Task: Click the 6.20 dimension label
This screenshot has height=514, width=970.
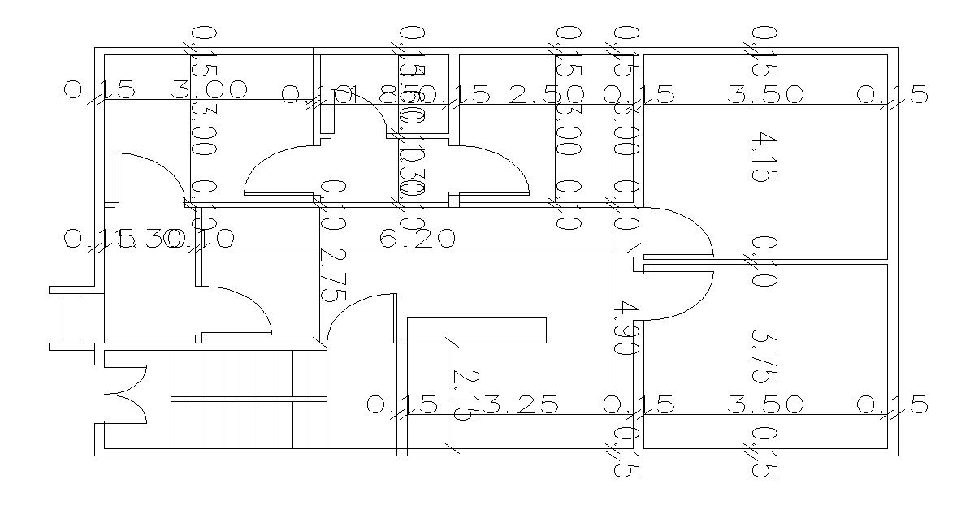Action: click(x=418, y=239)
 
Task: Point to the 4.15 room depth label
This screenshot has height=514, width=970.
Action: click(x=764, y=158)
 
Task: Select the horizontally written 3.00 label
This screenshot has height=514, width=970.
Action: click(x=210, y=89)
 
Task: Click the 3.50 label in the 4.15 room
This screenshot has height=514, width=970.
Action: click(x=764, y=95)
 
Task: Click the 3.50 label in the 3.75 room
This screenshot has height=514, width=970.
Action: click(x=764, y=404)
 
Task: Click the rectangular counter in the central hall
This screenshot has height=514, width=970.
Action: click(x=476, y=330)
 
